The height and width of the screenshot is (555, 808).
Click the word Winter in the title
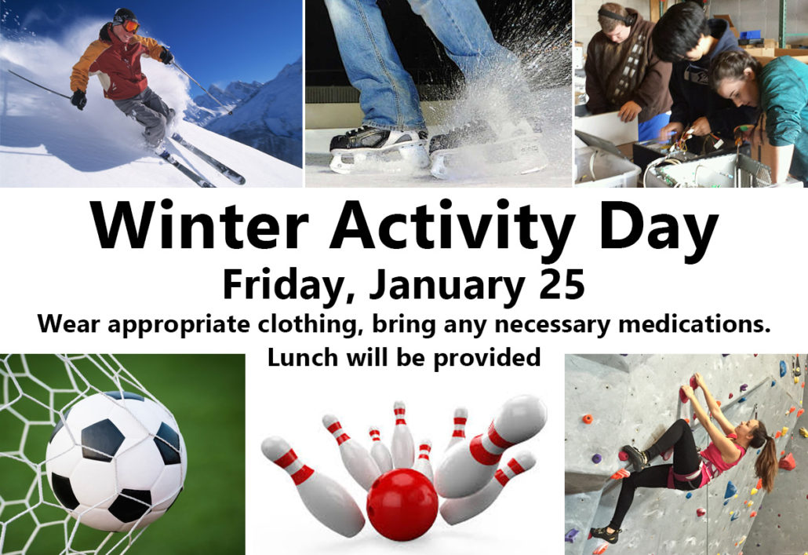point(199,225)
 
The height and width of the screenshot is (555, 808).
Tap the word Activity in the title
point(453,230)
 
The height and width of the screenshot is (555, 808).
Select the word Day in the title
point(659,230)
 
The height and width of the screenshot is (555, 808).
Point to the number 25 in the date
point(562,284)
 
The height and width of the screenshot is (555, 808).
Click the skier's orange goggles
point(130,26)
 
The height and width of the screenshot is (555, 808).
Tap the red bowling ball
point(402,505)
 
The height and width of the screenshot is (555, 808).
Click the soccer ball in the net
point(116,461)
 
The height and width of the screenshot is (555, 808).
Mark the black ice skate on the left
point(379,148)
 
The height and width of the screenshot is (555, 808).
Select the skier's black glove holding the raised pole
point(166,55)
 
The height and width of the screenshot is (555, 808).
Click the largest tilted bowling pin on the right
point(490,445)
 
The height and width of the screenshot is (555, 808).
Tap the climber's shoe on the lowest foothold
point(605,534)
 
